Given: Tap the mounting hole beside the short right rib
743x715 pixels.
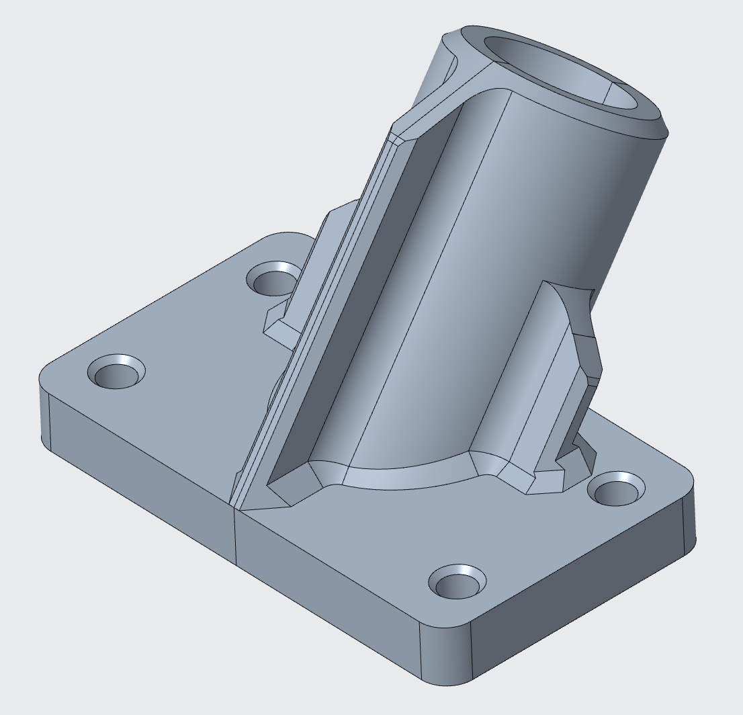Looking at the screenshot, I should [617, 489].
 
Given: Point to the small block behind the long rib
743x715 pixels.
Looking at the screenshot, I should [282, 326].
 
